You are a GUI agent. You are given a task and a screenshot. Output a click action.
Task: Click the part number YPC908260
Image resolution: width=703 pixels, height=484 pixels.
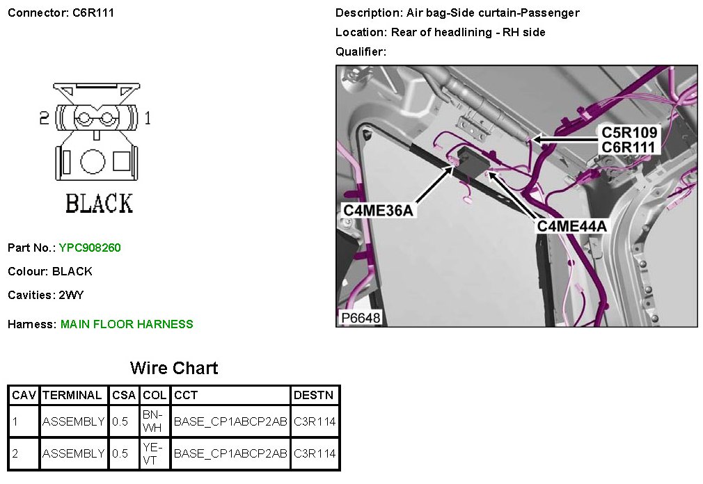[90, 248]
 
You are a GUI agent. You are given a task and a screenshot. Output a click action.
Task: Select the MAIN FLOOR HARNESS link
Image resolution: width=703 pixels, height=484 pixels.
[127, 324]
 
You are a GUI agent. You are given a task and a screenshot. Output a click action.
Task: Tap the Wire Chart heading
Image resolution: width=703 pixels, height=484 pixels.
[174, 368]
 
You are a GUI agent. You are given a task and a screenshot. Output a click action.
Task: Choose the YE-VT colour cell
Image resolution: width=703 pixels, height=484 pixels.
[154, 453]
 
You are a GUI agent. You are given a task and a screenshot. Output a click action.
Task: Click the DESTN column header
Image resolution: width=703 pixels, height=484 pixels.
[314, 396]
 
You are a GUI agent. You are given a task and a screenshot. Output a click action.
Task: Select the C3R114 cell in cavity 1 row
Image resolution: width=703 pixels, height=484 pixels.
[315, 421]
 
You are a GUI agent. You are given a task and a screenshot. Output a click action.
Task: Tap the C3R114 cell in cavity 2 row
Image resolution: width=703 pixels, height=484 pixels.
[315, 453]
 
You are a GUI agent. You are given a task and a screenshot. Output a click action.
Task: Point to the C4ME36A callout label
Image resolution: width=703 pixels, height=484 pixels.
[379, 210]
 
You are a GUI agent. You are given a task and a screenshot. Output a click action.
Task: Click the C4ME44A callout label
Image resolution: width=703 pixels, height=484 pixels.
[572, 226]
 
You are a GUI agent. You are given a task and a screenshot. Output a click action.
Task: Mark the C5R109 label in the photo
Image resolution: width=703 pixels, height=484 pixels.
[629, 133]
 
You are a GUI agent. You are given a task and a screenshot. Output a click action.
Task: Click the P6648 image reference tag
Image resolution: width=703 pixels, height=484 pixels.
[360, 318]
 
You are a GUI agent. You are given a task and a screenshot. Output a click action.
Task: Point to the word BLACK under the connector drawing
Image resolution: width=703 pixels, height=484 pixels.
[99, 203]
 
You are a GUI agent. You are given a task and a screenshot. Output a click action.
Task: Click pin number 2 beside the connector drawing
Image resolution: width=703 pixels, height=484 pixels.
[44, 118]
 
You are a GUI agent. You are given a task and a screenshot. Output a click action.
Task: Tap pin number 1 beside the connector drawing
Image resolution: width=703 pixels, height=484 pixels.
[148, 118]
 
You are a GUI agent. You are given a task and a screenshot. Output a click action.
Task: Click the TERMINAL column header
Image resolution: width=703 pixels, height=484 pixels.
[72, 396]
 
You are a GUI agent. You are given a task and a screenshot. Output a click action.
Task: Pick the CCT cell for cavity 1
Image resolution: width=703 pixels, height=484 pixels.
[230, 421]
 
